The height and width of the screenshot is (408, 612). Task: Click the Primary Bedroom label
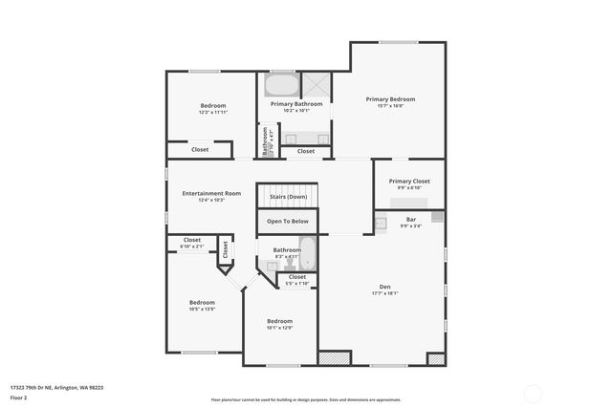(x=390, y=99)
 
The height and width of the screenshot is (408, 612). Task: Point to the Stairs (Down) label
(x=288, y=196)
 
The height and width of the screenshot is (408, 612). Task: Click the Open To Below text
(x=288, y=221)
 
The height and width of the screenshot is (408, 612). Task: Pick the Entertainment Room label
(x=211, y=193)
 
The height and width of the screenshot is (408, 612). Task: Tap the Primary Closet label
(x=408, y=181)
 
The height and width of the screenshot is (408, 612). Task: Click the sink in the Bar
(x=381, y=224)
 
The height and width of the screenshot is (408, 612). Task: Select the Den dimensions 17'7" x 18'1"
(x=384, y=294)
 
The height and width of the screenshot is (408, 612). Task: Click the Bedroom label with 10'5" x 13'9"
(x=202, y=303)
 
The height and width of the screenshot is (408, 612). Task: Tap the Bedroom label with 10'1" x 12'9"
(x=279, y=321)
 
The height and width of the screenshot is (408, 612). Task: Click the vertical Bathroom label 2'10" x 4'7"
(x=267, y=141)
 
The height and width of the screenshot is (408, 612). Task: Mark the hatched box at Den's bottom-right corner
(x=436, y=359)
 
